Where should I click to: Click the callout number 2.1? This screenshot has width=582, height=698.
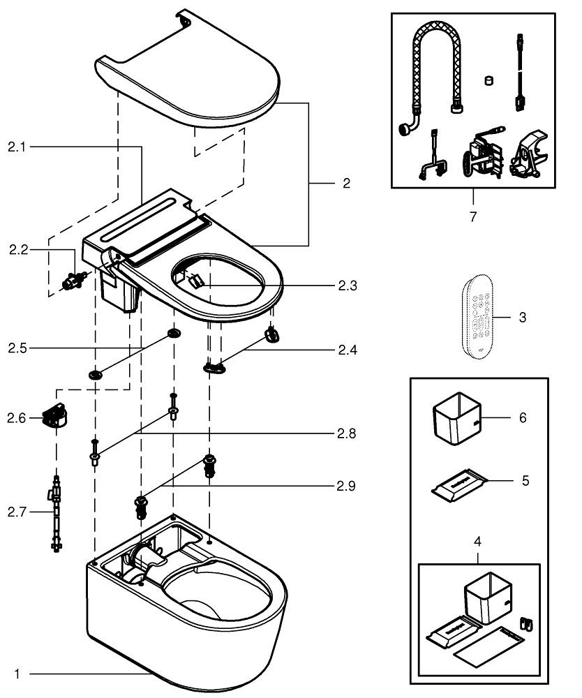coord(17,147)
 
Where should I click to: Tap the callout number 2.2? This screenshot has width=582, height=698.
coord(18,249)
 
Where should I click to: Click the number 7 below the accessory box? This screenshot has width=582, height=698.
coord(473,216)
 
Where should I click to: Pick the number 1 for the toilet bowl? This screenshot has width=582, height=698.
coord(18,674)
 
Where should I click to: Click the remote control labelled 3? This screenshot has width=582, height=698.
coord(480,318)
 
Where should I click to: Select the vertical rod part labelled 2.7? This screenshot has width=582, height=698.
coord(55,512)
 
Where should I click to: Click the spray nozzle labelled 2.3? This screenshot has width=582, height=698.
coord(197,281)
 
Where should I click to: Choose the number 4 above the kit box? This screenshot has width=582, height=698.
coord(477,541)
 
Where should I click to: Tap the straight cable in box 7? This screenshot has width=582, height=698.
coord(519,70)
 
